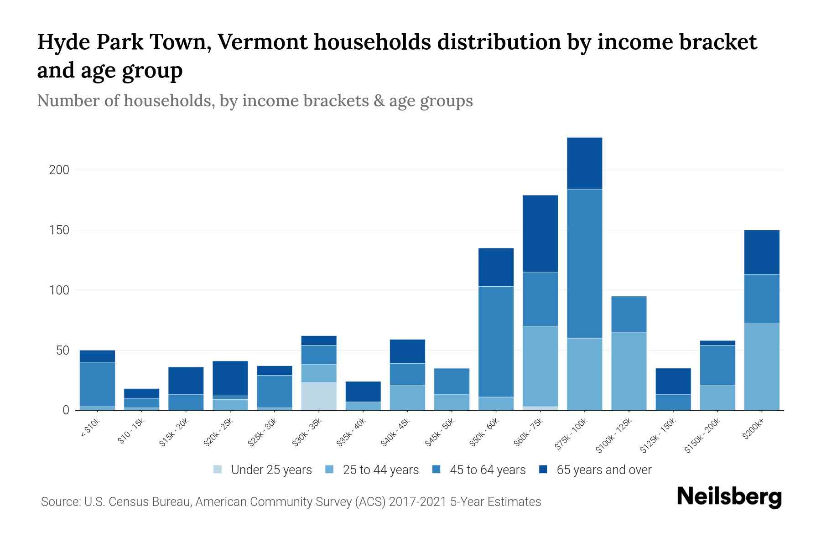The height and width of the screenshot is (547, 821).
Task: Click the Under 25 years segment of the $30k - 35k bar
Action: point(319,396)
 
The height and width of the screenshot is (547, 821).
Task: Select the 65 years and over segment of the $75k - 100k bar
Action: point(584,163)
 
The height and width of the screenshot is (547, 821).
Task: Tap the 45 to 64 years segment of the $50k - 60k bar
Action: point(496,341)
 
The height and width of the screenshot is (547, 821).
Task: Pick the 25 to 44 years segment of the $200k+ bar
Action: point(761,366)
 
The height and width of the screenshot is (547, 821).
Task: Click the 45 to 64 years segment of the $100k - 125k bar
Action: point(629,314)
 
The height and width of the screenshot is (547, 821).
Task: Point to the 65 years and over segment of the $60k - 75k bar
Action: point(540,233)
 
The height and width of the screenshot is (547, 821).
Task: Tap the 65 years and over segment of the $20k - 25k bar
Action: point(230,378)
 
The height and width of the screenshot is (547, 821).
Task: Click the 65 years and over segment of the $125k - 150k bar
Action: point(673,381)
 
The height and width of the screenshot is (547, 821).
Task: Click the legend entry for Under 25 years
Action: point(271,470)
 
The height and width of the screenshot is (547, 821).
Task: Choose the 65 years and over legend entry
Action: point(603,470)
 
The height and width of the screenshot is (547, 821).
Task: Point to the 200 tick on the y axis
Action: point(59,170)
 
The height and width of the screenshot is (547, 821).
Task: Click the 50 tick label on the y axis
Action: point(62,351)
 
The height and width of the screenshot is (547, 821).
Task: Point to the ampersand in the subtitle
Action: point(379,101)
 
